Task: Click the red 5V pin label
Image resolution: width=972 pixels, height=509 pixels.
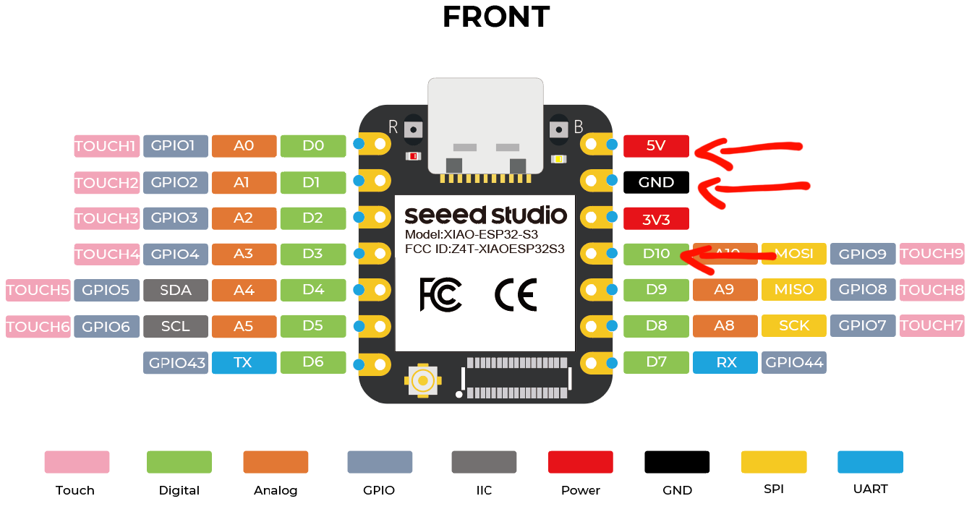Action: click(656, 146)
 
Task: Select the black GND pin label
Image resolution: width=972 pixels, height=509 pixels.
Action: click(656, 182)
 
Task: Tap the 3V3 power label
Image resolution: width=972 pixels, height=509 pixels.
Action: click(656, 219)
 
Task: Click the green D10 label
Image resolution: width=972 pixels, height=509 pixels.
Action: click(656, 254)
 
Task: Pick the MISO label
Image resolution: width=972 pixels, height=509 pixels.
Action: click(794, 290)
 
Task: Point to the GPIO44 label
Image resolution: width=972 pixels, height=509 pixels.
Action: click(794, 362)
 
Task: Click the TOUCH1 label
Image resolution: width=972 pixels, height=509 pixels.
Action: click(106, 146)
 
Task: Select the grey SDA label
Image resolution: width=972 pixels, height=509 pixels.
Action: click(176, 290)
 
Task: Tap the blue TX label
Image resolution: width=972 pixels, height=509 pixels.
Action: click(244, 362)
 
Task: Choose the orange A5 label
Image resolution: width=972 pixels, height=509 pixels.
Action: click(244, 326)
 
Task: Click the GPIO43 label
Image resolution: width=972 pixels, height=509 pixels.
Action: click(176, 362)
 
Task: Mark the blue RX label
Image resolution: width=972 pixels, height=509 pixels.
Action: click(725, 362)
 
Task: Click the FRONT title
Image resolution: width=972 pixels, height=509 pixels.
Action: click(496, 17)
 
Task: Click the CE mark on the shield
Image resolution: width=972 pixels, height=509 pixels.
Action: click(515, 294)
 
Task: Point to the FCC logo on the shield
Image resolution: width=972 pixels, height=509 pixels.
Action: click(440, 294)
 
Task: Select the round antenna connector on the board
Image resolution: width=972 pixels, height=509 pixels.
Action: click(423, 379)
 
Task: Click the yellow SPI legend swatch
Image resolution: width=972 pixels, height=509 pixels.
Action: click(773, 462)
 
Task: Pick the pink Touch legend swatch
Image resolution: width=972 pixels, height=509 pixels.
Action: click(77, 462)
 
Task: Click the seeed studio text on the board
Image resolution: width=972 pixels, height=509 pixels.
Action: click(485, 215)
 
